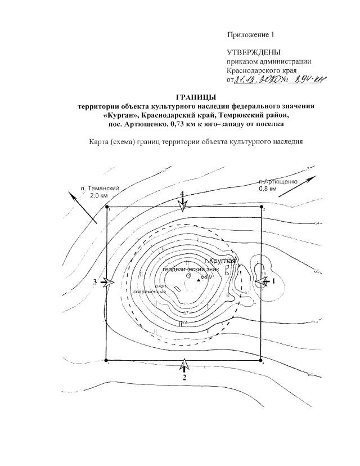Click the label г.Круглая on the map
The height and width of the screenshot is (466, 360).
point(220,261)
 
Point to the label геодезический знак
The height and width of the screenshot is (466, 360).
point(187,269)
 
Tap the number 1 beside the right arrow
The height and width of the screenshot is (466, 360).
point(274,280)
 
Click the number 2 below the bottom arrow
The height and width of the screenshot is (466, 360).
point(184,378)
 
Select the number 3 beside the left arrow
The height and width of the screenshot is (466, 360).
point(96,281)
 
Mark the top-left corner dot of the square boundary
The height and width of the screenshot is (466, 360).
point(107,207)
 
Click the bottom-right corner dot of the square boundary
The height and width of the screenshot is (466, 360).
point(262,361)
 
